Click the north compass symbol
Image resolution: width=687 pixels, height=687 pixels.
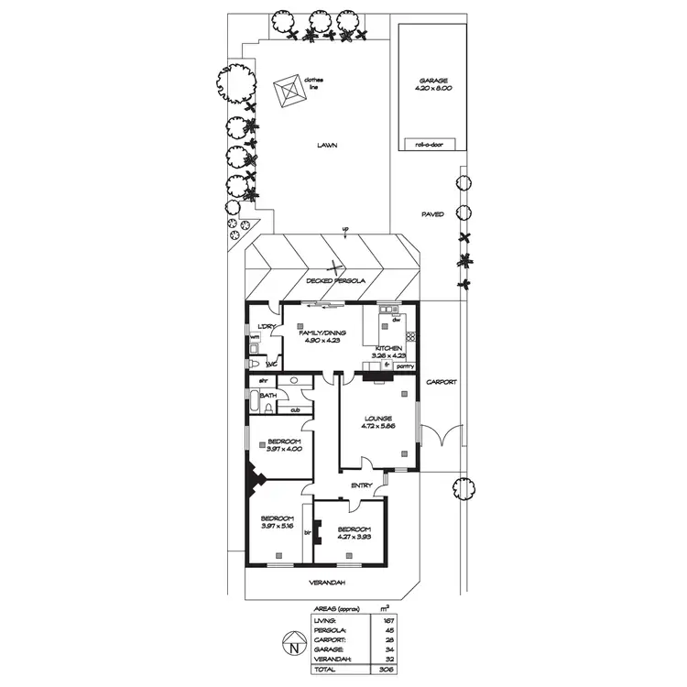coord(291,648)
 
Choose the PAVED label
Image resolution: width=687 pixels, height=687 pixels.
coord(432,214)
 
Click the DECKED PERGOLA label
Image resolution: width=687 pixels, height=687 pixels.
coord(337,280)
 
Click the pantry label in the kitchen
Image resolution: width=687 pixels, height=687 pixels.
coord(406,366)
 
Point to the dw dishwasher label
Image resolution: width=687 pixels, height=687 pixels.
coord(397,321)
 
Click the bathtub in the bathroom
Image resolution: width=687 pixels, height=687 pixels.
coord(254,404)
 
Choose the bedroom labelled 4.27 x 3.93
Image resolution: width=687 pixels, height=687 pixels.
coord(353,534)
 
